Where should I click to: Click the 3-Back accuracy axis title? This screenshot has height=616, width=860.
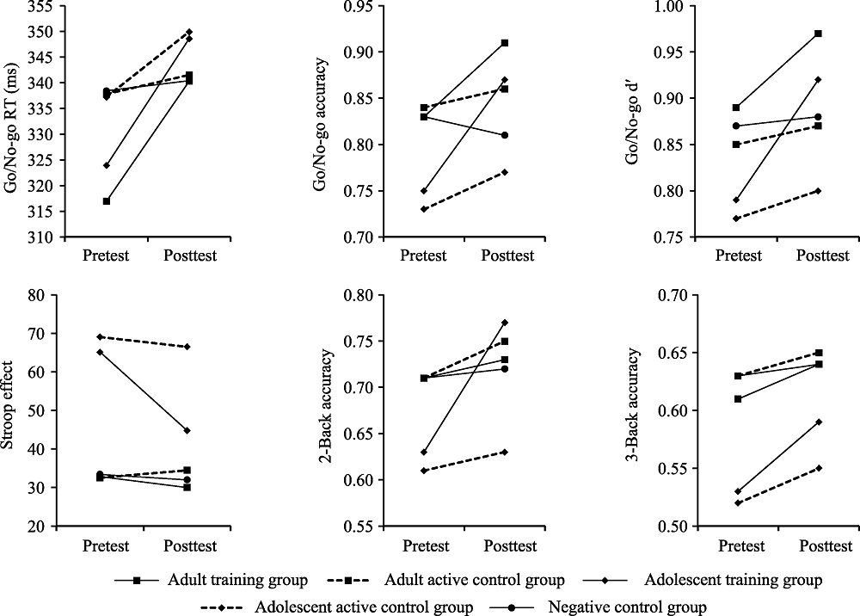(x=635, y=409)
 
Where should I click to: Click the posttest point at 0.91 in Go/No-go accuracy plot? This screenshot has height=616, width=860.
(x=505, y=42)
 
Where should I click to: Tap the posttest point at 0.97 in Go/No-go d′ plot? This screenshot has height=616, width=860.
(x=818, y=34)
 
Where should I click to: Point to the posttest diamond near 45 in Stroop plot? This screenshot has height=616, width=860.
(x=187, y=430)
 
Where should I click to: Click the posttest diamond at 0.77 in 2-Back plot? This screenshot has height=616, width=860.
(x=505, y=323)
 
